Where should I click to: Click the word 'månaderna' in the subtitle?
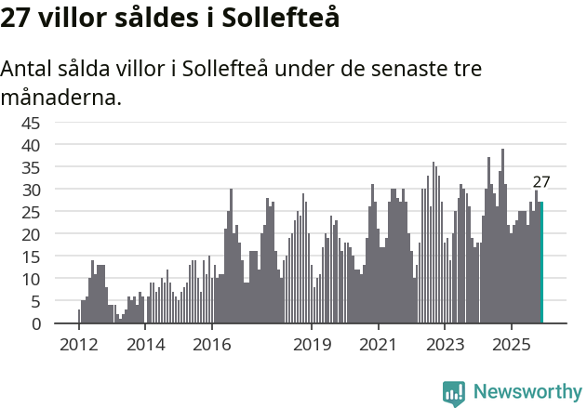[61, 96]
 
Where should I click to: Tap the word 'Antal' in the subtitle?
[28, 70]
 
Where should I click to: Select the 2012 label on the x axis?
[78, 346]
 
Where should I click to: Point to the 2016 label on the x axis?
[211, 346]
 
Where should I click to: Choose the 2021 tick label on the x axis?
[378, 346]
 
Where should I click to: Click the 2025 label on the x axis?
[511, 346]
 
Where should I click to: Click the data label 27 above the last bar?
[541, 182]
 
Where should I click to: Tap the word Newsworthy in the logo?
[527, 391]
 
